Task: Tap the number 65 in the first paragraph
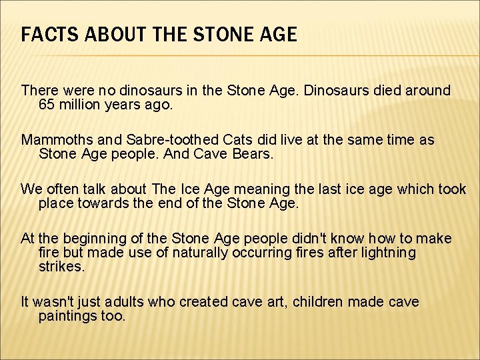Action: click(47, 105)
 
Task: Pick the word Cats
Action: click(219, 140)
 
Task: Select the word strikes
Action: click(62, 267)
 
